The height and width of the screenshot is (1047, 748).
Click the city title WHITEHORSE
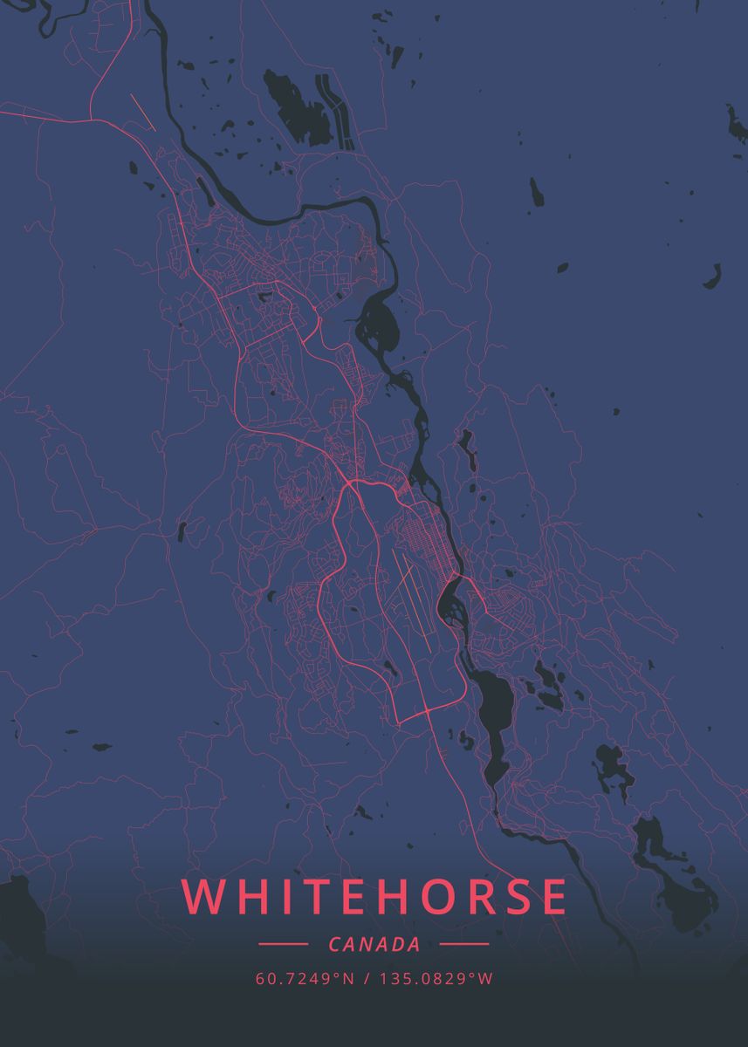click(374, 898)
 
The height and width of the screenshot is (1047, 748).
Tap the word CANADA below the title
click(374, 944)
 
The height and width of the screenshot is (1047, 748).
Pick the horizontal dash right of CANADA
click(464, 944)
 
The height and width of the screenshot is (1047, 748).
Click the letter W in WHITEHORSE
click(202, 898)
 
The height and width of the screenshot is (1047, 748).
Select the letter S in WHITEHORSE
click(513, 898)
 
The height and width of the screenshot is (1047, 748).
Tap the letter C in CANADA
click(336, 944)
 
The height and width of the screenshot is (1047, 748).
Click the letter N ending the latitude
click(348, 979)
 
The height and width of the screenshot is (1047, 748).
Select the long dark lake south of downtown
click(496, 715)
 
